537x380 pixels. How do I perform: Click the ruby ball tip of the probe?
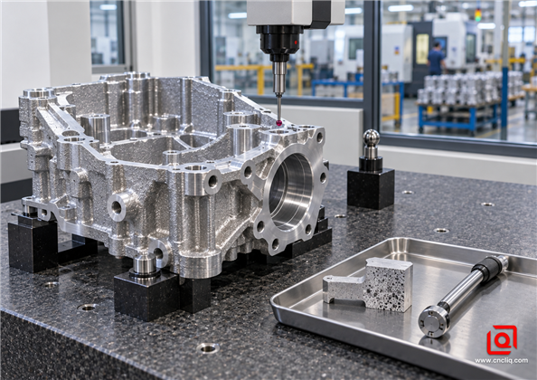[x=280, y=122]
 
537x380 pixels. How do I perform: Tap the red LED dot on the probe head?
[x=296, y=43]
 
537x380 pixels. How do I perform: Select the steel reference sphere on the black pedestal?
[x=372, y=138]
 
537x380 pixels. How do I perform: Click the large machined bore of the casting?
[x=291, y=192]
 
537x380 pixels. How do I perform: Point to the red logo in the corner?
[x=502, y=339]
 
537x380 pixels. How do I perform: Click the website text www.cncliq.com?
[x=501, y=360]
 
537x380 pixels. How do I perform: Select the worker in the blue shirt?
[x=436, y=58]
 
